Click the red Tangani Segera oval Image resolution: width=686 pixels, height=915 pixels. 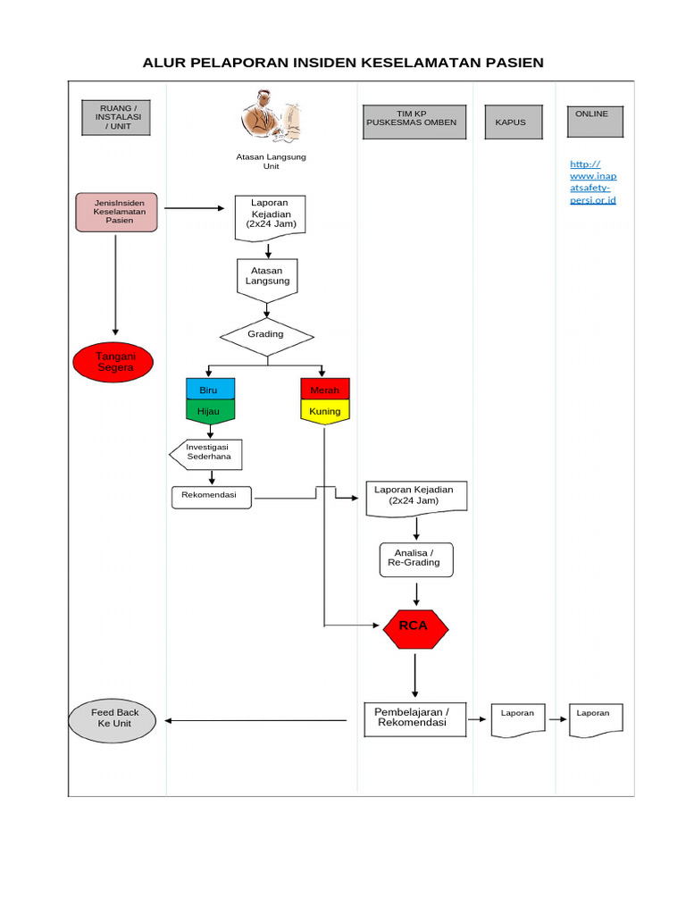tap(113, 362)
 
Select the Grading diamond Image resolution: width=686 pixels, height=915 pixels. tap(267, 337)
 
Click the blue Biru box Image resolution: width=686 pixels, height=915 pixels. tap(210, 389)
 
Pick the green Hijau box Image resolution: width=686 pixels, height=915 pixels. tap(210, 411)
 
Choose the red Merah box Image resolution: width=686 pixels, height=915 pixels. tap(324, 389)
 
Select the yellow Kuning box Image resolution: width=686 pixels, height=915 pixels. tap(324, 411)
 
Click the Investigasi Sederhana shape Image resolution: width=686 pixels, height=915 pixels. tap(207, 453)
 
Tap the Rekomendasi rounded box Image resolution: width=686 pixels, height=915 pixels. tap(211, 497)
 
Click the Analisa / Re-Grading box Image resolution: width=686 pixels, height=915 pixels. tap(416, 559)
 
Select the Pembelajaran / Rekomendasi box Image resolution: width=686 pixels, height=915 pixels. tap(415, 718)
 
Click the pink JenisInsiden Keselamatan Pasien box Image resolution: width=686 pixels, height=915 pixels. tap(116, 213)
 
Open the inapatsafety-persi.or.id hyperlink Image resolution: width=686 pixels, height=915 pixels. tap(593, 182)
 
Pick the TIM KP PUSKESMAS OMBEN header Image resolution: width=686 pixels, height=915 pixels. tap(414, 122)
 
